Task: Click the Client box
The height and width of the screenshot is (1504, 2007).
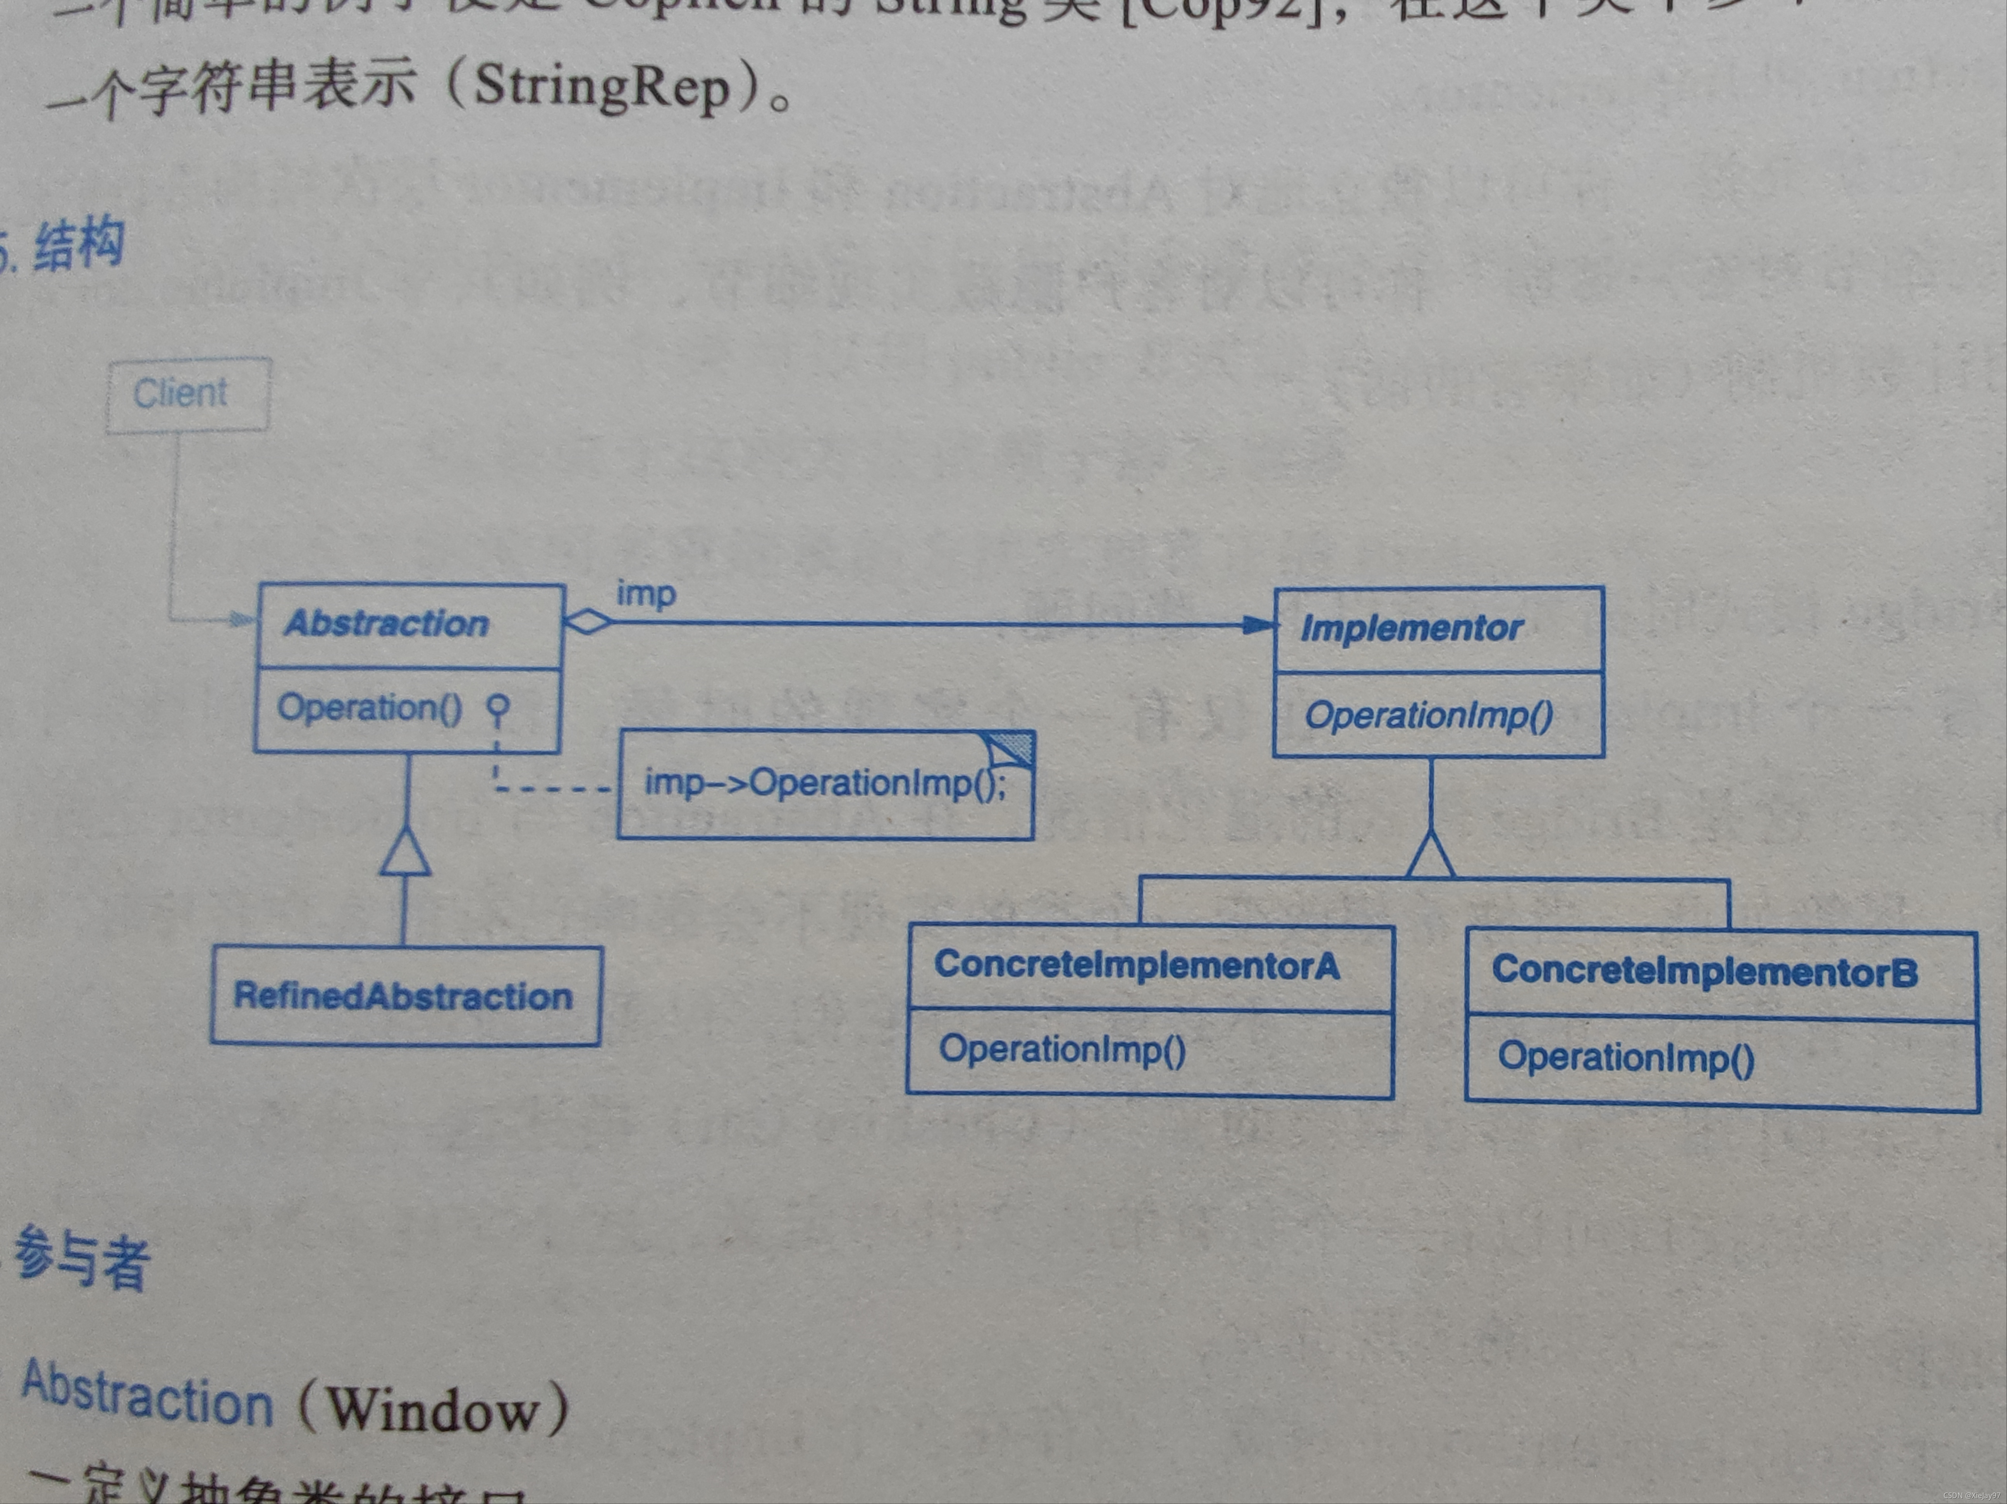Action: [x=188, y=395]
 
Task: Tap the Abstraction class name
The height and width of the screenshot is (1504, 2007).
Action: [x=387, y=624]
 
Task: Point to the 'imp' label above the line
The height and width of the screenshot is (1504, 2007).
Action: [x=646, y=594]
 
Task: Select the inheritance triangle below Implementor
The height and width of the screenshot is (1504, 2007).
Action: [x=1431, y=855]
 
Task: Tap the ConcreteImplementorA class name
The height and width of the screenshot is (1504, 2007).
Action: [x=1137, y=965]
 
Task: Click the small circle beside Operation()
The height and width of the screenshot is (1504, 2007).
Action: [x=497, y=705]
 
